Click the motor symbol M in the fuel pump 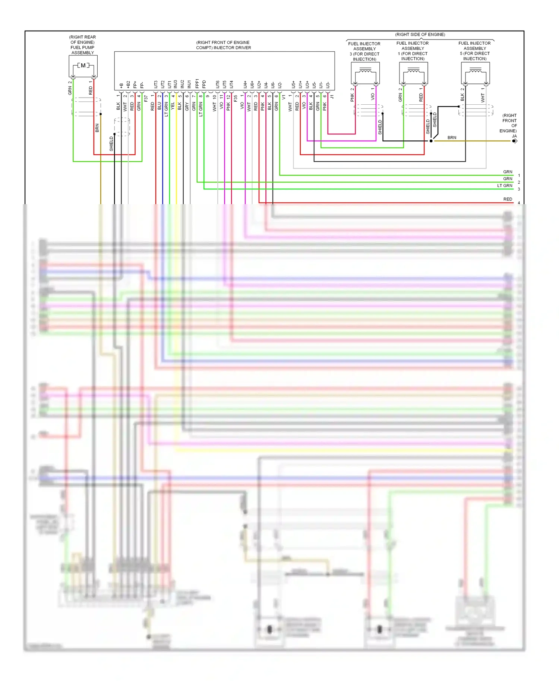point(83,66)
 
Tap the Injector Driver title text point(223,45)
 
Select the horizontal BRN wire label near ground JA point(452,137)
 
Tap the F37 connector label point(146,98)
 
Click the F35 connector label point(236,98)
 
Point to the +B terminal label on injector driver point(121,85)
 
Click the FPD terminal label point(204,84)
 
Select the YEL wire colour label point(173,106)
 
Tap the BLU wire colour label point(160,106)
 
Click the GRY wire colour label point(187,107)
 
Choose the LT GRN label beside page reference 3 point(505,186)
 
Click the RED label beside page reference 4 point(508,199)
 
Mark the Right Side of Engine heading point(420,35)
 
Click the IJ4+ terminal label point(245,85)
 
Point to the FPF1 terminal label point(197,83)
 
